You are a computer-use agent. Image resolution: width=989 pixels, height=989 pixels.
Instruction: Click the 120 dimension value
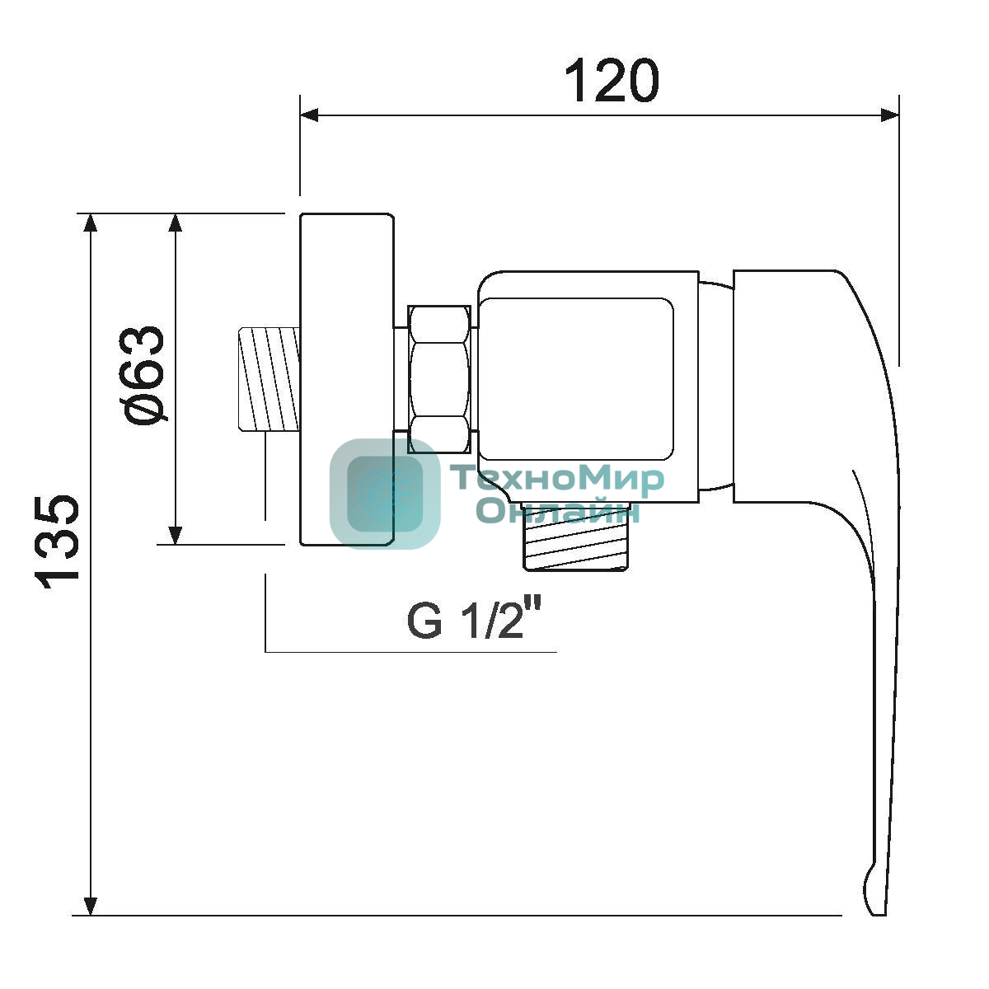pyautogui.click(x=612, y=81)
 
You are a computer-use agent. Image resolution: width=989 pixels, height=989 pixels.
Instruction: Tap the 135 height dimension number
pyautogui.click(x=58, y=541)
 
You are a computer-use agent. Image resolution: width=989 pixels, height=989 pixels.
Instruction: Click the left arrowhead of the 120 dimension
pyautogui.click(x=310, y=115)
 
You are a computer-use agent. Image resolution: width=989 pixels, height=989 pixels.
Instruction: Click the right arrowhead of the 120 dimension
pyautogui.click(x=889, y=115)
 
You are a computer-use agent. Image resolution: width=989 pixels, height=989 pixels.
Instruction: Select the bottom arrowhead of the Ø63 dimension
pyautogui.click(x=176, y=534)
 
